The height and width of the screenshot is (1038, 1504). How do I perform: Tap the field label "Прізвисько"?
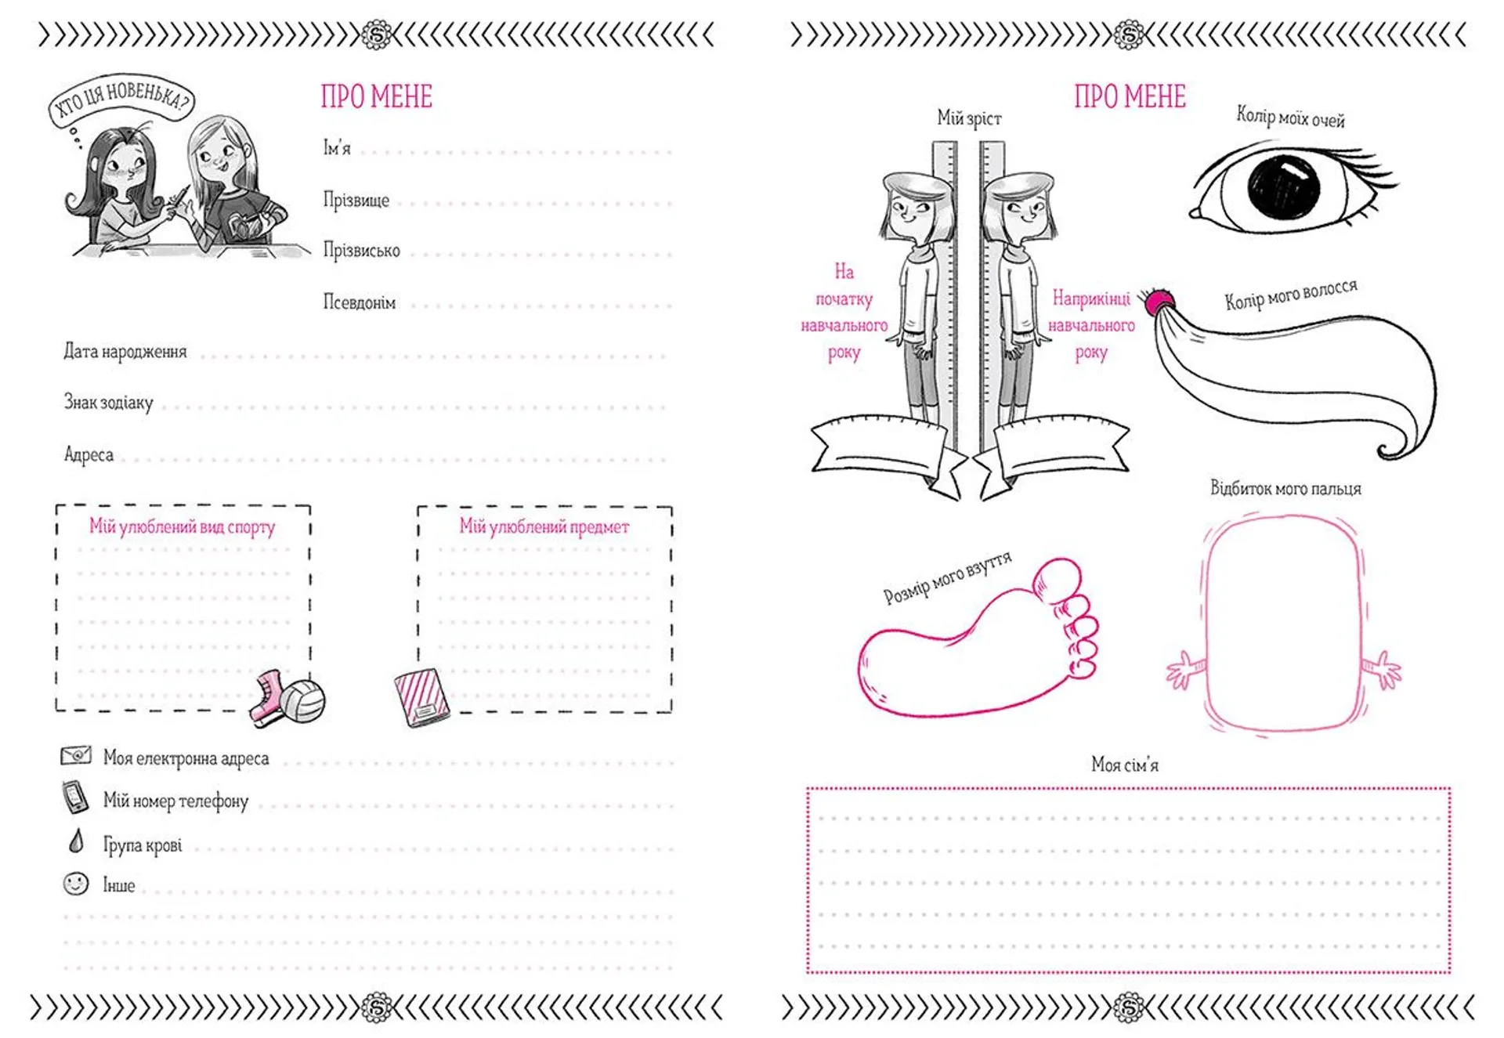pyautogui.click(x=361, y=251)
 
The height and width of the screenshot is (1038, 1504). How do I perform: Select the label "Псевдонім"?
pyautogui.click(x=360, y=302)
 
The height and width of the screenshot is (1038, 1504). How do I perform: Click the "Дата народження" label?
pyautogui.click(x=125, y=352)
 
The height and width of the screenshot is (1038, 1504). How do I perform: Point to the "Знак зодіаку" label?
pyautogui.click(x=108, y=403)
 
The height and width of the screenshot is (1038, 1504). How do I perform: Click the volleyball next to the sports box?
pyautogui.click(x=303, y=700)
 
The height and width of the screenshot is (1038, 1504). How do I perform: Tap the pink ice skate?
pyautogui.click(x=267, y=697)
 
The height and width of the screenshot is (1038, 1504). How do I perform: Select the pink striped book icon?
pyautogui.click(x=421, y=697)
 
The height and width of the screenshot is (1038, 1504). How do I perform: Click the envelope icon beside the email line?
pyautogui.click(x=76, y=755)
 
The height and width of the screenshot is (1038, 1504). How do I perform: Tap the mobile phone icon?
pyautogui.click(x=75, y=797)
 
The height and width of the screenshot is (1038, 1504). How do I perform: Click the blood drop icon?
pyautogui.click(x=76, y=841)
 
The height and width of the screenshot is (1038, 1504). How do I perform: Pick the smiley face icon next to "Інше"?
pyautogui.click(x=76, y=884)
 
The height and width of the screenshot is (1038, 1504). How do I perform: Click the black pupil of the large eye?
pyautogui.click(x=1284, y=187)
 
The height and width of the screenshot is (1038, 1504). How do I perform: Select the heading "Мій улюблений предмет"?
pyautogui.click(x=544, y=527)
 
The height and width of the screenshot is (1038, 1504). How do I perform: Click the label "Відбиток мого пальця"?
pyautogui.click(x=1285, y=489)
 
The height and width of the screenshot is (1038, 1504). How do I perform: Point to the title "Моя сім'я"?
pyautogui.click(x=1125, y=765)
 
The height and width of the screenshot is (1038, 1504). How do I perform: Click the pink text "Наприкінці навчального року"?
pyautogui.click(x=1091, y=325)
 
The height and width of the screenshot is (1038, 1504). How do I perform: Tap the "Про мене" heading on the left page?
pyautogui.click(x=377, y=97)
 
